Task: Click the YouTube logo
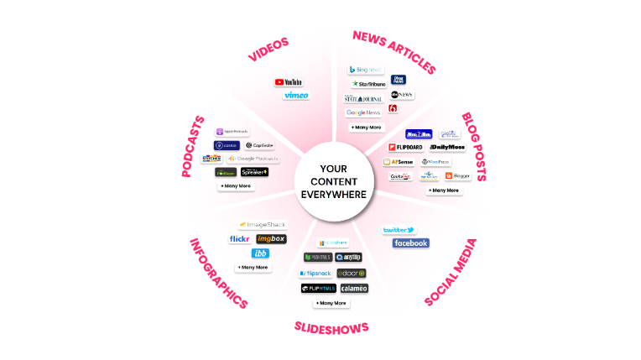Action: [x=289, y=82]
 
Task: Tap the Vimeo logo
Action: [x=295, y=96]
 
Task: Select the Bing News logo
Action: [x=365, y=70]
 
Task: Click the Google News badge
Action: [x=363, y=112]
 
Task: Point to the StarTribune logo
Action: [x=368, y=84]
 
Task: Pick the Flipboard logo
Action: [x=405, y=148]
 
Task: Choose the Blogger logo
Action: [x=459, y=176]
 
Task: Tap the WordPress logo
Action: [x=435, y=162]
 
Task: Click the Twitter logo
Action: [x=399, y=230]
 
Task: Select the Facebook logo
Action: [x=410, y=243]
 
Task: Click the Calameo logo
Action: [x=353, y=288]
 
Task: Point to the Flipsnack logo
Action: [x=316, y=274]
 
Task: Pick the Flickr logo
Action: [x=240, y=239]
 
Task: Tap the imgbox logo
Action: [x=271, y=239]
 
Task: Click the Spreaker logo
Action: [x=254, y=172]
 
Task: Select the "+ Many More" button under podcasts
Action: [x=236, y=185]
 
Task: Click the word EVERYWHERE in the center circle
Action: [x=334, y=194]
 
